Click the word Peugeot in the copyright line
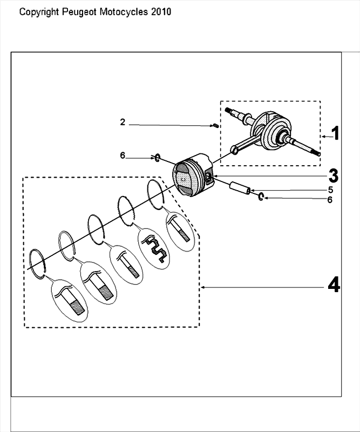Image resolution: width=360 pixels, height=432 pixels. tap(79, 12)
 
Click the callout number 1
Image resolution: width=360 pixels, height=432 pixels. tap(335, 133)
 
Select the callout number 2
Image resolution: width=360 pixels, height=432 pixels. tap(123, 122)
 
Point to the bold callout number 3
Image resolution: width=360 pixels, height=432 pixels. tap(333, 175)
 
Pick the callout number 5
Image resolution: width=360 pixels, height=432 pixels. tap(330, 190)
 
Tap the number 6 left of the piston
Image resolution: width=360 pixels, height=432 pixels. tap(123, 156)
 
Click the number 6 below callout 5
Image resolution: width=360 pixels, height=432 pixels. tap(330, 199)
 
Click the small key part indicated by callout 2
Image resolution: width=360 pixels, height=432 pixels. tap(216, 126)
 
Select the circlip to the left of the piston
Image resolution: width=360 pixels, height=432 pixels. tap(157, 158)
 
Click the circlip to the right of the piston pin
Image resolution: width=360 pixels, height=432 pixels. tap(261, 197)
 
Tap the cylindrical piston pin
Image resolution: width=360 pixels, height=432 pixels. tap(240, 187)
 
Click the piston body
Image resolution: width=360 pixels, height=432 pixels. tap(193, 174)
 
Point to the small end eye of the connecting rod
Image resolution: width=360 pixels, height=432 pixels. tap(235, 151)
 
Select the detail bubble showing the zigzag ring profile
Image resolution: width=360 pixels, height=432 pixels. tap(153, 248)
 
